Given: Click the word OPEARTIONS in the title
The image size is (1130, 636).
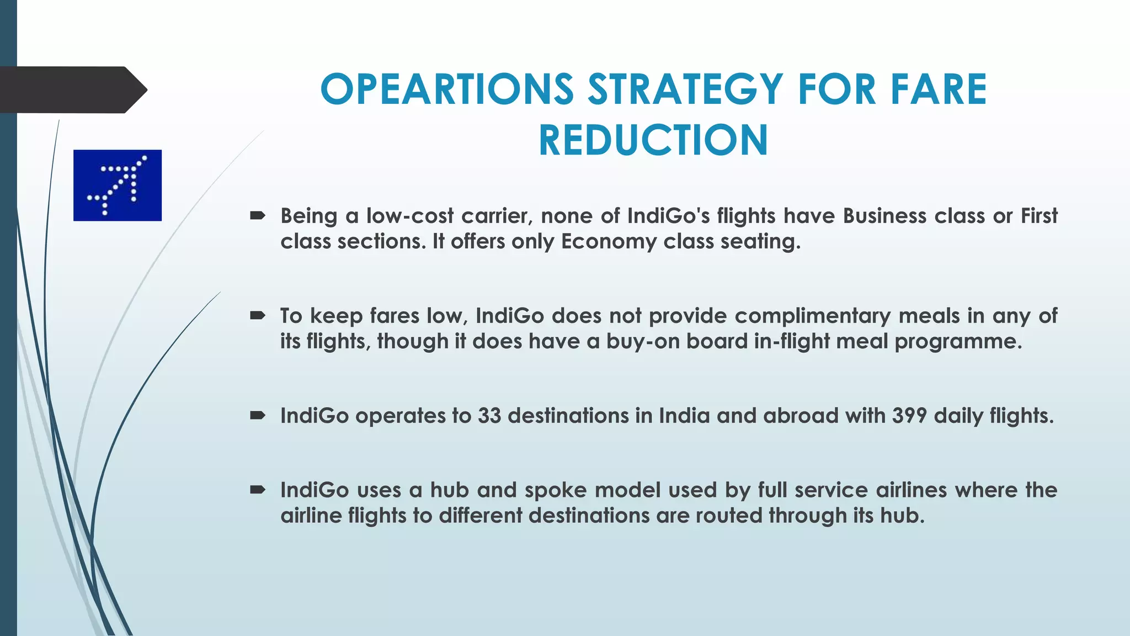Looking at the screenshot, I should [447, 89].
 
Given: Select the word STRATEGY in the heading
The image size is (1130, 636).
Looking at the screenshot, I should [685, 89].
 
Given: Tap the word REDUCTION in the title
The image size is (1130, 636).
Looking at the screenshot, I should [653, 140].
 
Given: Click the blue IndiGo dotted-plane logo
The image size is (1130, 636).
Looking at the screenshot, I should [118, 185].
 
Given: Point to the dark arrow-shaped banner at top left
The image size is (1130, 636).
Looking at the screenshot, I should [72, 90].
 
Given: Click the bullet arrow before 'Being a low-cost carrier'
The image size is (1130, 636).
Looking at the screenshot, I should [258, 216].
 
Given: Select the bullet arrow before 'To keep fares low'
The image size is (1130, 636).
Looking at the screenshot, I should [258, 316].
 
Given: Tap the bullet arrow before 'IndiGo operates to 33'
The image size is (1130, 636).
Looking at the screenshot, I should [258, 416].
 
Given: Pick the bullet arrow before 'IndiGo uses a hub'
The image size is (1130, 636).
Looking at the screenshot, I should [258, 490].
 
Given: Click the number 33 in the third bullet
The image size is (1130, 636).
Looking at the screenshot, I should [489, 416].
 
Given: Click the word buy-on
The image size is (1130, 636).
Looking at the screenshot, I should [643, 342].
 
